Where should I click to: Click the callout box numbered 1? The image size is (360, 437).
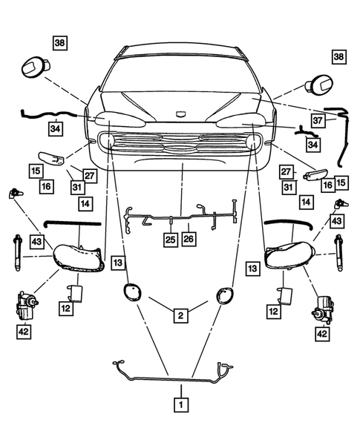179,405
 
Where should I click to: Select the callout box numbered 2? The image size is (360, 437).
180,316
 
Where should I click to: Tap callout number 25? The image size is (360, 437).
170,239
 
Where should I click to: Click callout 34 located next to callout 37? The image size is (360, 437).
312,143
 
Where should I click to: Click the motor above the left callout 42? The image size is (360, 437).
27,304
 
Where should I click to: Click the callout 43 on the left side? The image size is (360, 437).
36,241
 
